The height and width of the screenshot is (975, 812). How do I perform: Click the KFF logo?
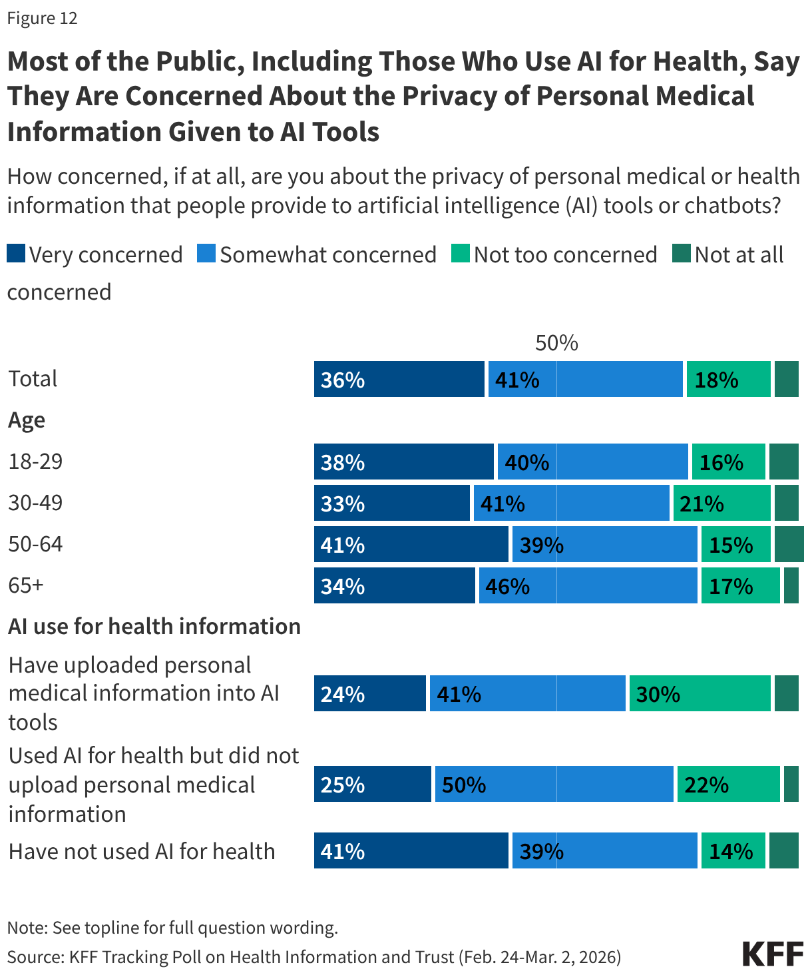tap(773, 954)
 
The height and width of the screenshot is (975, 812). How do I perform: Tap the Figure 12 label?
tap(43, 18)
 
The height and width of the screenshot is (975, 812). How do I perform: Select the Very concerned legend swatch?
tap(16, 254)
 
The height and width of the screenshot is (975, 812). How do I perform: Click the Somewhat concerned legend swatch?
tap(206, 254)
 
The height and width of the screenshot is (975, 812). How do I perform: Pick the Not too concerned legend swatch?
tap(460, 254)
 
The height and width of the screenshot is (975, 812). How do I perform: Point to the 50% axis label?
tap(556, 343)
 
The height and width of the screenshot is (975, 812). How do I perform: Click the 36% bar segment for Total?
tap(399, 380)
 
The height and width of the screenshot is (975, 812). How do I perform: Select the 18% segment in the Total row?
tap(728, 380)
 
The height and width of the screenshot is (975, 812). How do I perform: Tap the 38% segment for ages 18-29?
tap(404, 462)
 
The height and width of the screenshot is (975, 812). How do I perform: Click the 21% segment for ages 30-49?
tap(721, 503)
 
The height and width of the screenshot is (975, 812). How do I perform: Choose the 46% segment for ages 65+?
tap(588, 586)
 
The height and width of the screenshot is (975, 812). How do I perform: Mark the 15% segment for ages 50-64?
tap(735, 545)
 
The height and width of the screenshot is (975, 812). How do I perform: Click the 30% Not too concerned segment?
tap(700, 694)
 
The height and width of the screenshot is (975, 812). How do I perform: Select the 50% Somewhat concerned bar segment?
tap(554, 785)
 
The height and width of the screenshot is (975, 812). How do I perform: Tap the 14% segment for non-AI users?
tap(733, 851)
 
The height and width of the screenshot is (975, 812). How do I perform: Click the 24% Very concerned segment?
tap(370, 694)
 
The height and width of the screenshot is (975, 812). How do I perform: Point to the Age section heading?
tap(27, 421)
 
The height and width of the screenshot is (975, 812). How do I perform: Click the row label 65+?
tap(26, 585)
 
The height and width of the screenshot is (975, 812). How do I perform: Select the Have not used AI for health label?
tap(142, 851)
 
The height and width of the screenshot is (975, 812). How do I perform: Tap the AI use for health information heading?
tap(154, 627)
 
